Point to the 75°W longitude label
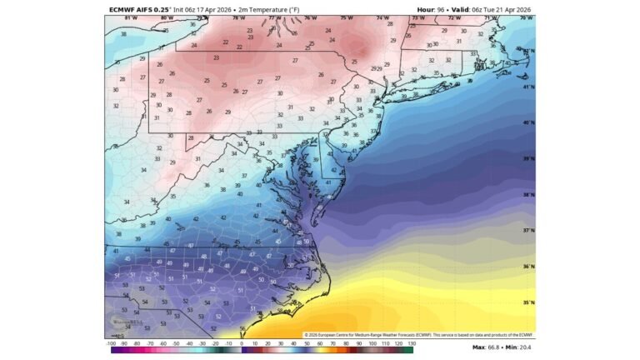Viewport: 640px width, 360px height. coord(346,17)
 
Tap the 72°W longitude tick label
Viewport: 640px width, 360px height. coord(454,17)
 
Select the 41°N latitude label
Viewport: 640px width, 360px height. coord(527,87)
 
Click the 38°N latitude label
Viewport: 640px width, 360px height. coord(527,195)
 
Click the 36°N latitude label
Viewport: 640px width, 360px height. coord(527,267)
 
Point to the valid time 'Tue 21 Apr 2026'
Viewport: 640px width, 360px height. coord(502,9)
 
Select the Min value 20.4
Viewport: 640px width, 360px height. coord(523,347)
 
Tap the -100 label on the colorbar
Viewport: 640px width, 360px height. coord(111,342)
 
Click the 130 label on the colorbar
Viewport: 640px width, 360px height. coord(411,342)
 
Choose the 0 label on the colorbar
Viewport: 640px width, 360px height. coord(242,342)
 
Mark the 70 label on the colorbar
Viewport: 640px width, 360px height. coord(333,342)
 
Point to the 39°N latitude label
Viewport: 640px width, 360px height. coord(527,158)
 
